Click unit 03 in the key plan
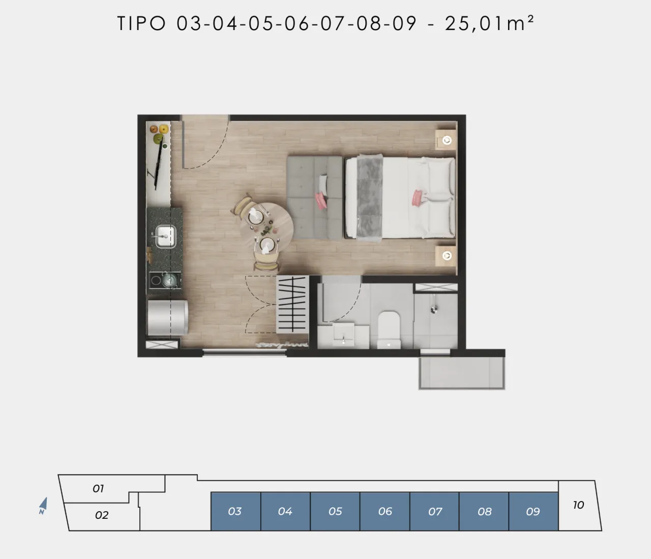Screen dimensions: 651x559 tap(235, 511)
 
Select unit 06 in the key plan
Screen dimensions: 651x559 tap(385, 511)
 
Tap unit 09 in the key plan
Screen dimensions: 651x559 tap(534, 511)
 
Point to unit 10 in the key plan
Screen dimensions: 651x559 tap(579, 505)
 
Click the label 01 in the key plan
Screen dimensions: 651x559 tap(98, 488)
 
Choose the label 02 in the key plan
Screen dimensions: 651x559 tap(102, 515)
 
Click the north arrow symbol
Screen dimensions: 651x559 tap(43, 506)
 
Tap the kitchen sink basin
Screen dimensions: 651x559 tap(166, 236)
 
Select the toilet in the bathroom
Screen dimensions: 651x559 tap(389, 330)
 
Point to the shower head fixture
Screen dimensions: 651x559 tap(434, 304)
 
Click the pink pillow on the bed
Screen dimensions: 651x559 tap(418, 197)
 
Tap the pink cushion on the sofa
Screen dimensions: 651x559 tap(321, 200)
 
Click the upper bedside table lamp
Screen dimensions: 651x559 tap(447, 140)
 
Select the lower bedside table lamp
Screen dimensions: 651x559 tap(447, 256)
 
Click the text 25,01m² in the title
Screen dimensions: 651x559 tap(490, 23)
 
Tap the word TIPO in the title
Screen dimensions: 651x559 tap(141, 23)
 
